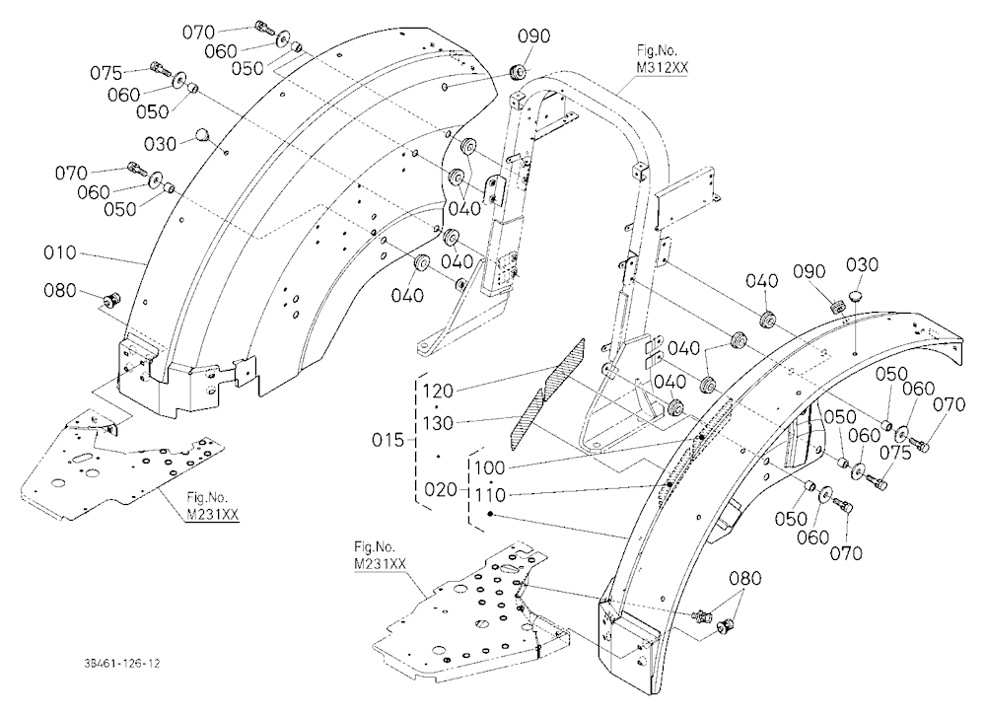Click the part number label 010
(x=60, y=252)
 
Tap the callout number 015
(x=387, y=440)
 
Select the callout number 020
(x=440, y=489)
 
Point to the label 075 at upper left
(x=106, y=74)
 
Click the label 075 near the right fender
(x=895, y=453)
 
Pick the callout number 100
(x=490, y=468)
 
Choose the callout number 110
(x=490, y=496)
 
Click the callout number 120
(x=438, y=392)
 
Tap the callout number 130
(x=438, y=423)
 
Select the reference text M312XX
(x=662, y=69)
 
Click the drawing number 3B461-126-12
(x=120, y=664)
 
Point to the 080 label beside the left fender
(x=60, y=291)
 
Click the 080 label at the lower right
(x=745, y=578)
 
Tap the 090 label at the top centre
(x=533, y=36)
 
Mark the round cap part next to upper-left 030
(x=202, y=134)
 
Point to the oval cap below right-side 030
(x=855, y=296)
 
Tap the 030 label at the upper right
(x=862, y=265)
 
